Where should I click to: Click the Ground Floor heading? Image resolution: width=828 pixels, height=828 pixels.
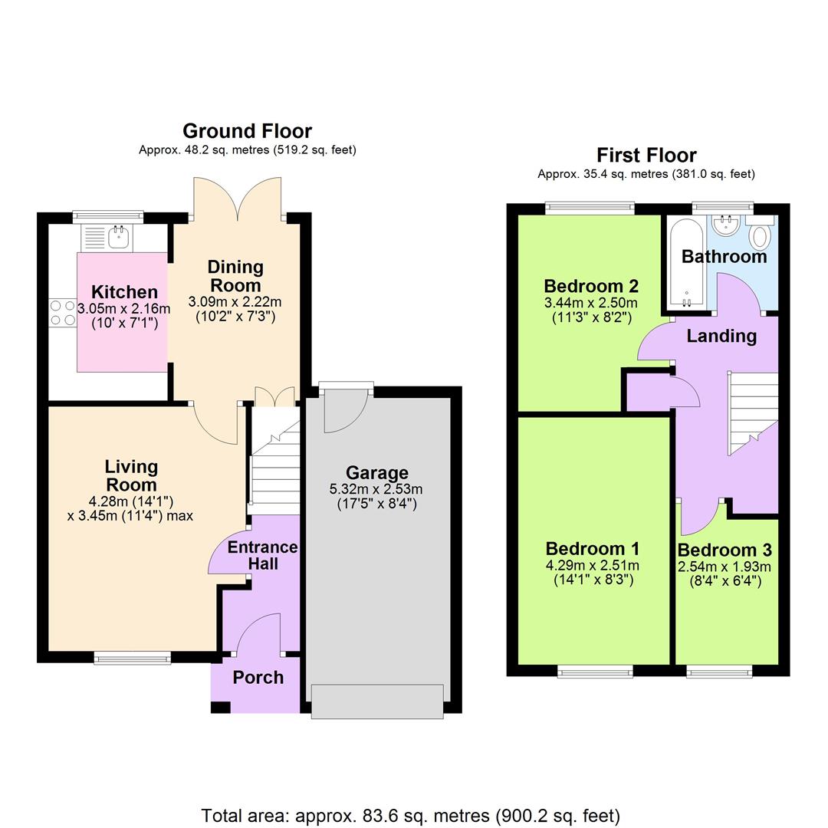(247, 131)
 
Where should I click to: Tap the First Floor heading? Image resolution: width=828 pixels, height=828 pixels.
(646, 155)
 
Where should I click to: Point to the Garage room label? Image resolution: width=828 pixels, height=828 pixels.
(376, 473)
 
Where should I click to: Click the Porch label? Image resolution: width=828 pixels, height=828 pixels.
(258, 678)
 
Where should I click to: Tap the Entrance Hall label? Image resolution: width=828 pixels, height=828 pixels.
(262, 555)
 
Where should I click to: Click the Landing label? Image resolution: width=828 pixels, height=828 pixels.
(721, 336)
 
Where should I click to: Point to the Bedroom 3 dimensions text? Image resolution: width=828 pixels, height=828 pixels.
(724, 574)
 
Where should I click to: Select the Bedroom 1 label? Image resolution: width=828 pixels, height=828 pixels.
(592, 549)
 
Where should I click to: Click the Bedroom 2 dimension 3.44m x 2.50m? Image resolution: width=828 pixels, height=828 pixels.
(591, 303)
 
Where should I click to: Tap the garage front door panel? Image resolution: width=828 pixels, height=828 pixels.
(377, 701)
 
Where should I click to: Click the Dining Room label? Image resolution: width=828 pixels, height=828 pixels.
(235, 275)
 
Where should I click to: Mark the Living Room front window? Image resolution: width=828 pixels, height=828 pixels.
(133, 657)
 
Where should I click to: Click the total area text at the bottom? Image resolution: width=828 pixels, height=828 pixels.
(411, 816)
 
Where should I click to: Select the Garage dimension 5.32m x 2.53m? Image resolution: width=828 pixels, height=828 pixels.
(376, 489)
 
